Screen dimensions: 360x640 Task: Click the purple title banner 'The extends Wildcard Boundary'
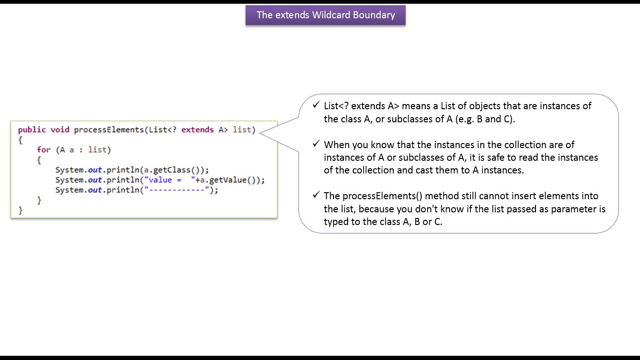point(325,15)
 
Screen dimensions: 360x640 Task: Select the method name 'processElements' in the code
point(108,130)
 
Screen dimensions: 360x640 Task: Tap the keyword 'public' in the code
point(32,130)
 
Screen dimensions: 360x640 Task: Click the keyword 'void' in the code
point(60,130)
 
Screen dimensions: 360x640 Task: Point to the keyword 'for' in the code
point(44,150)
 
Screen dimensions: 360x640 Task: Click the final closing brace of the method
point(21,210)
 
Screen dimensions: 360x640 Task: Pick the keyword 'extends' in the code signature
point(197,130)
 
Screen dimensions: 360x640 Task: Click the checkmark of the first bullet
point(316,105)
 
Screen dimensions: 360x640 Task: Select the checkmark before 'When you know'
point(316,144)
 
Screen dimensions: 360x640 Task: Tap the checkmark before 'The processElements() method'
point(316,195)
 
